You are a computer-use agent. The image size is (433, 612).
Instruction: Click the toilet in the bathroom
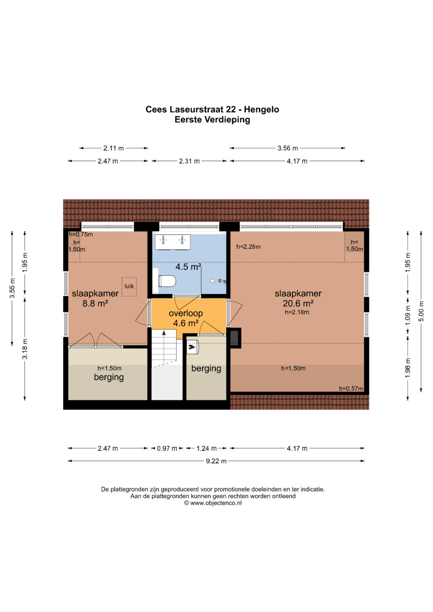click(x=167, y=281)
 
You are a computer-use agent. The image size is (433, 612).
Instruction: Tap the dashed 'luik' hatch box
click(x=129, y=287)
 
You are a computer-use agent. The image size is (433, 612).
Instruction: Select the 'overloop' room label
click(x=186, y=313)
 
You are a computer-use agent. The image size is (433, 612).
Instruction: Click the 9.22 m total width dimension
click(x=216, y=461)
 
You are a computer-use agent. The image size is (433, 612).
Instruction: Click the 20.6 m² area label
click(x=298, y=303)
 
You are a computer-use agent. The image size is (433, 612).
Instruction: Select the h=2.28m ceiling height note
click(x=249, y=247)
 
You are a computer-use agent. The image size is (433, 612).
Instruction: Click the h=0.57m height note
click(x=351, y=388)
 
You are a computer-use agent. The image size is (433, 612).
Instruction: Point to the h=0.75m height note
click(x=81, y=234)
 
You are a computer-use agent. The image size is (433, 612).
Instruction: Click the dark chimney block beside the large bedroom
click(x=235, y=338)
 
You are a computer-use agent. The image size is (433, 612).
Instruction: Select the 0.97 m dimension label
click(x=167, y=448)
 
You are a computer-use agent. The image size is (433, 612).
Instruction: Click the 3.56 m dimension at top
click(x=287, y=148)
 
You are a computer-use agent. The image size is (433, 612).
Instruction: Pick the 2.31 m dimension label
click(x=189, y=161)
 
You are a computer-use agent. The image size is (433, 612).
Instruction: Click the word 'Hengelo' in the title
click(x=261, y=109)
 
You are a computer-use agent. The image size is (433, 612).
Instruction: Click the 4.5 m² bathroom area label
click(x=188, y=267)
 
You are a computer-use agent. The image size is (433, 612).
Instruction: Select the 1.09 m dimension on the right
click(x=408, y=315)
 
